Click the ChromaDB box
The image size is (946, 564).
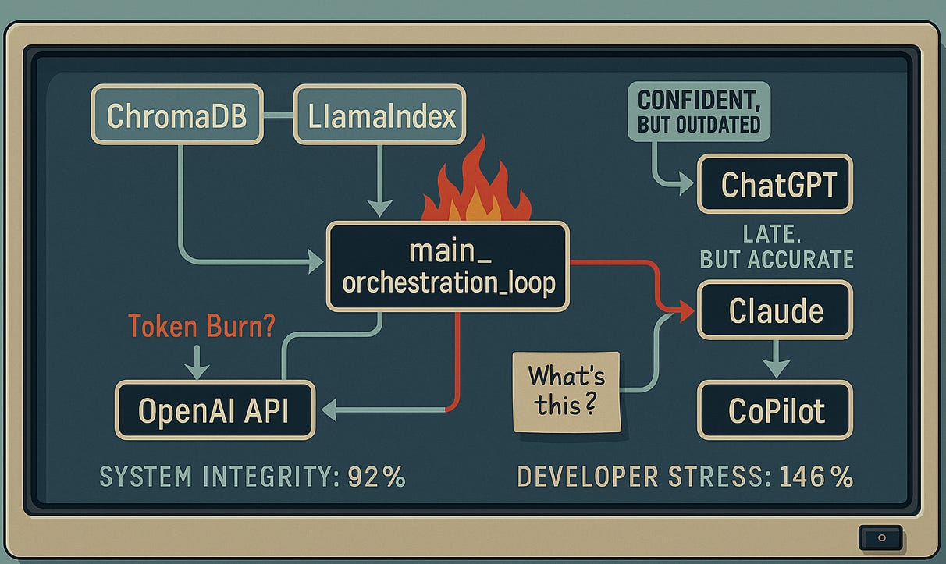pyautogui.click(x=176, y=115)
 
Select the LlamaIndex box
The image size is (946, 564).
pyautogui.click(x=379, y=115)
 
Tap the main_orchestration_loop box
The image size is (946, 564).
pyautogui.click(x=449, y=267)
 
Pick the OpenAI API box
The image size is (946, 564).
pyautogui.click(x=214, y=410)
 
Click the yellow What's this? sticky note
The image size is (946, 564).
pyautogui.click(x=566, y=389)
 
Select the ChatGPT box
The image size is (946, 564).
pyautogui.click(x=775, y=185)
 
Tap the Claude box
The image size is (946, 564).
pyautogui.click(x=775, y=310)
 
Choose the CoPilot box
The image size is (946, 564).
pyautogui.click(x=775, y=410)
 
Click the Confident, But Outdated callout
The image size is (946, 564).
pyautogui.click(x=699, y=111)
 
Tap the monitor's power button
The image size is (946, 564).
pyautogui.click(x=881, y=537)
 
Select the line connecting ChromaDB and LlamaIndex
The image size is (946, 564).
pyautogui.click(x=278, y=115)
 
